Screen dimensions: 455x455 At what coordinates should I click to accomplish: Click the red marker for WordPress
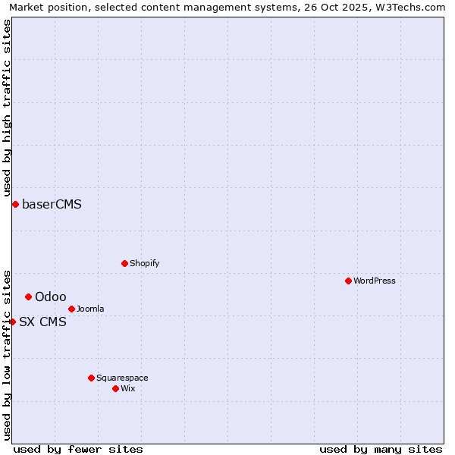click(348, 281)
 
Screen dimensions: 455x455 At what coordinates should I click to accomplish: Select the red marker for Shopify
click(124, 263)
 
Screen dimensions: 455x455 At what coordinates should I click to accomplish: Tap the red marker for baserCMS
click(15, 204)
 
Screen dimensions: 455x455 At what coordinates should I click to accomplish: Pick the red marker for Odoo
click(28, 297)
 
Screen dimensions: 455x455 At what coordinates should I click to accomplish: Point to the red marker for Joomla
click(71, 309)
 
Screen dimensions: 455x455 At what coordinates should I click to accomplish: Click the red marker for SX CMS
click(12, 322)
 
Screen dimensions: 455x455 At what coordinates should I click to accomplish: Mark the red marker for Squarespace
click(91, 378)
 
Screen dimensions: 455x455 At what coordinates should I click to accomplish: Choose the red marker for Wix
click(115, 388)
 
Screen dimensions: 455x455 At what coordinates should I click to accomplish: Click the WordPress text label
click(375, 281)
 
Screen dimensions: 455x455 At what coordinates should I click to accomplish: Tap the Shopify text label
click(144, 263)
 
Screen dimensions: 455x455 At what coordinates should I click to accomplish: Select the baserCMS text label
click(52, 204)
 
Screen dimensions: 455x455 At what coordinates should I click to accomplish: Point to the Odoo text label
click(50, 297)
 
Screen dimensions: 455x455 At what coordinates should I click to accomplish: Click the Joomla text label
click(90, 309)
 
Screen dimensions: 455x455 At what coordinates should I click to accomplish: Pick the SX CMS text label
click(42, 322)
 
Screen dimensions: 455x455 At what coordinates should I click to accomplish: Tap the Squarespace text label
click(122, 378)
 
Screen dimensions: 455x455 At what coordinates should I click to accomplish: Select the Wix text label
click(127, 388)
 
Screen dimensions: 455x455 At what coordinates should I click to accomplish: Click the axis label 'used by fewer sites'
click(78, 449)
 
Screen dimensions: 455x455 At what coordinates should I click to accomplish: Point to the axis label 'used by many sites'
click(381, 449)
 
